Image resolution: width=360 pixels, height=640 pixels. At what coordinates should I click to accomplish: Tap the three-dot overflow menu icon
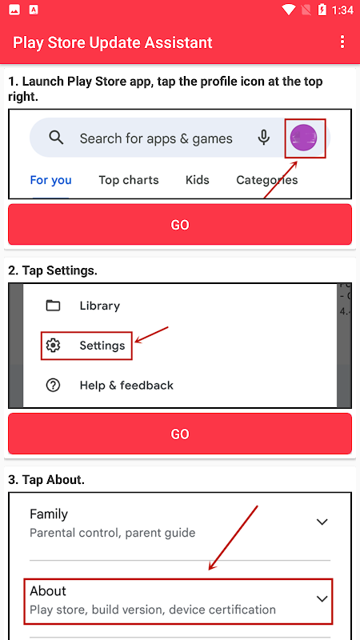pos(342,42)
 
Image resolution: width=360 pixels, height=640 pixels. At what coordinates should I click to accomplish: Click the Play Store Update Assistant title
pos(113,42)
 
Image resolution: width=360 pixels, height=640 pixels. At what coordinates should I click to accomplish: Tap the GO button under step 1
pos(180,225)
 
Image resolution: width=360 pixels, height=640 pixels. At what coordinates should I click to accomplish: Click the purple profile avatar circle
pos(304,138)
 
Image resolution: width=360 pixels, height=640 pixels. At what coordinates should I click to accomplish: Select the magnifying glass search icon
pos(56,138)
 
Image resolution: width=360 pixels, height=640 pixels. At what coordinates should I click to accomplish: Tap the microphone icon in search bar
pos(264,138)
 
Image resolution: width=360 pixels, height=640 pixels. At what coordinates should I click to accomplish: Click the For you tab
pos(51,180)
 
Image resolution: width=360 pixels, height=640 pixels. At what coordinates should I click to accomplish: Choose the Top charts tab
pos(129,180)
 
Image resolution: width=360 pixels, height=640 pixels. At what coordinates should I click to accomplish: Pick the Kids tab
pos(198,180)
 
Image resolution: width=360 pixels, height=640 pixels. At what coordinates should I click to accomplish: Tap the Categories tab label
pos(267,180)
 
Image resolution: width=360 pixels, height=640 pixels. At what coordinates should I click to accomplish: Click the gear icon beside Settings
pos(53,346)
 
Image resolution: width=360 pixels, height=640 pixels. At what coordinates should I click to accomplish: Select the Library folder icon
pos(53,306)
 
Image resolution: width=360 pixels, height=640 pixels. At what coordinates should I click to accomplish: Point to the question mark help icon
pos(53,386)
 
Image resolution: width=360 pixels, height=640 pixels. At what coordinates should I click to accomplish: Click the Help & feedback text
pos(126,386)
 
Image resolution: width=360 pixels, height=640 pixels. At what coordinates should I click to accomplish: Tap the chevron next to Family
pos(322,522)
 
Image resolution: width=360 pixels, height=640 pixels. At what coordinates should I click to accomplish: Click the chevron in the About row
pos(322,598)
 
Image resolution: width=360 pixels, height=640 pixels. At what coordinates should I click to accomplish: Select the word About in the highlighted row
pos(48,591)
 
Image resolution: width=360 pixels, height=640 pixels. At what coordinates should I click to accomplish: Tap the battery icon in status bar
pos(322,10)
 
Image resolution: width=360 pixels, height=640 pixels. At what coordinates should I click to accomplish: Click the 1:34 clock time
pos(342,10)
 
